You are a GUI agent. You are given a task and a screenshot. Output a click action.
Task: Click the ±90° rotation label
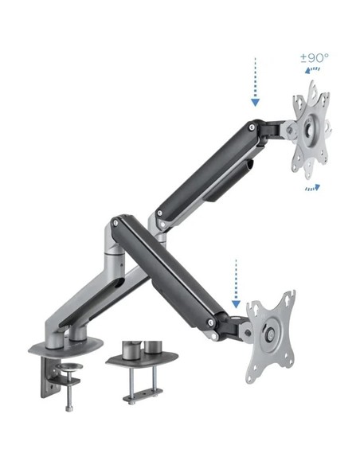point(314,60)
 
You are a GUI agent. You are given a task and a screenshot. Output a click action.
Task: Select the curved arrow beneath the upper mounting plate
point(312,188)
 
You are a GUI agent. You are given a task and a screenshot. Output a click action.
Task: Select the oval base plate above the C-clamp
point(67,344)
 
